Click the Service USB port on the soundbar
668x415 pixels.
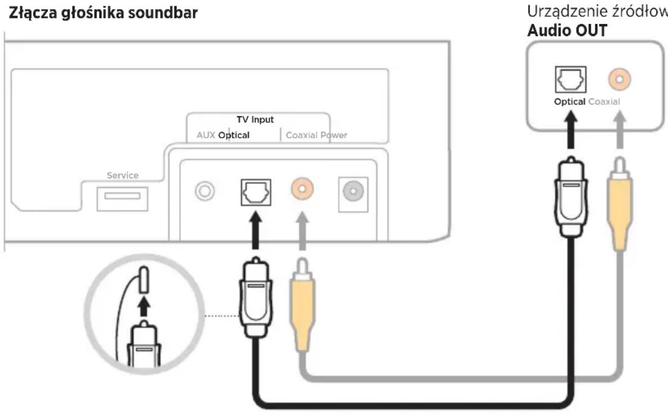(123, 199)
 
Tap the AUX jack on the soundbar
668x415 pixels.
(205, 191)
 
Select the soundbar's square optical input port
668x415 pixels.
(256, 192)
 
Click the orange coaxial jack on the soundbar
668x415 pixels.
(303, 188)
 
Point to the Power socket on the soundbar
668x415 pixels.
(353, 194)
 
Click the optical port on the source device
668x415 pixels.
(570, 79)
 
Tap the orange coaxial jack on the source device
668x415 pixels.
(620, 79)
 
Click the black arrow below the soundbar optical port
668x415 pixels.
(255, 230)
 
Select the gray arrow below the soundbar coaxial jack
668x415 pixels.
(302, 231)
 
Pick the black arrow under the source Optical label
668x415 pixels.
(571, 130)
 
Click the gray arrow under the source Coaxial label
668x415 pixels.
(620, 130)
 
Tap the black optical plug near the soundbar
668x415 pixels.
(255, 298)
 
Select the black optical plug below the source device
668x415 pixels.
(571, 196)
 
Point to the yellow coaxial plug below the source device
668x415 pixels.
(620, 204)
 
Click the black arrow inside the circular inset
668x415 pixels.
(144, 306)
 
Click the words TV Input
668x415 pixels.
(255, 119)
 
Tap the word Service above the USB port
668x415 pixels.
(123, 175)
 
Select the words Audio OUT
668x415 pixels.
(567, 31)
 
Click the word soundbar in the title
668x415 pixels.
(163, 13)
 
